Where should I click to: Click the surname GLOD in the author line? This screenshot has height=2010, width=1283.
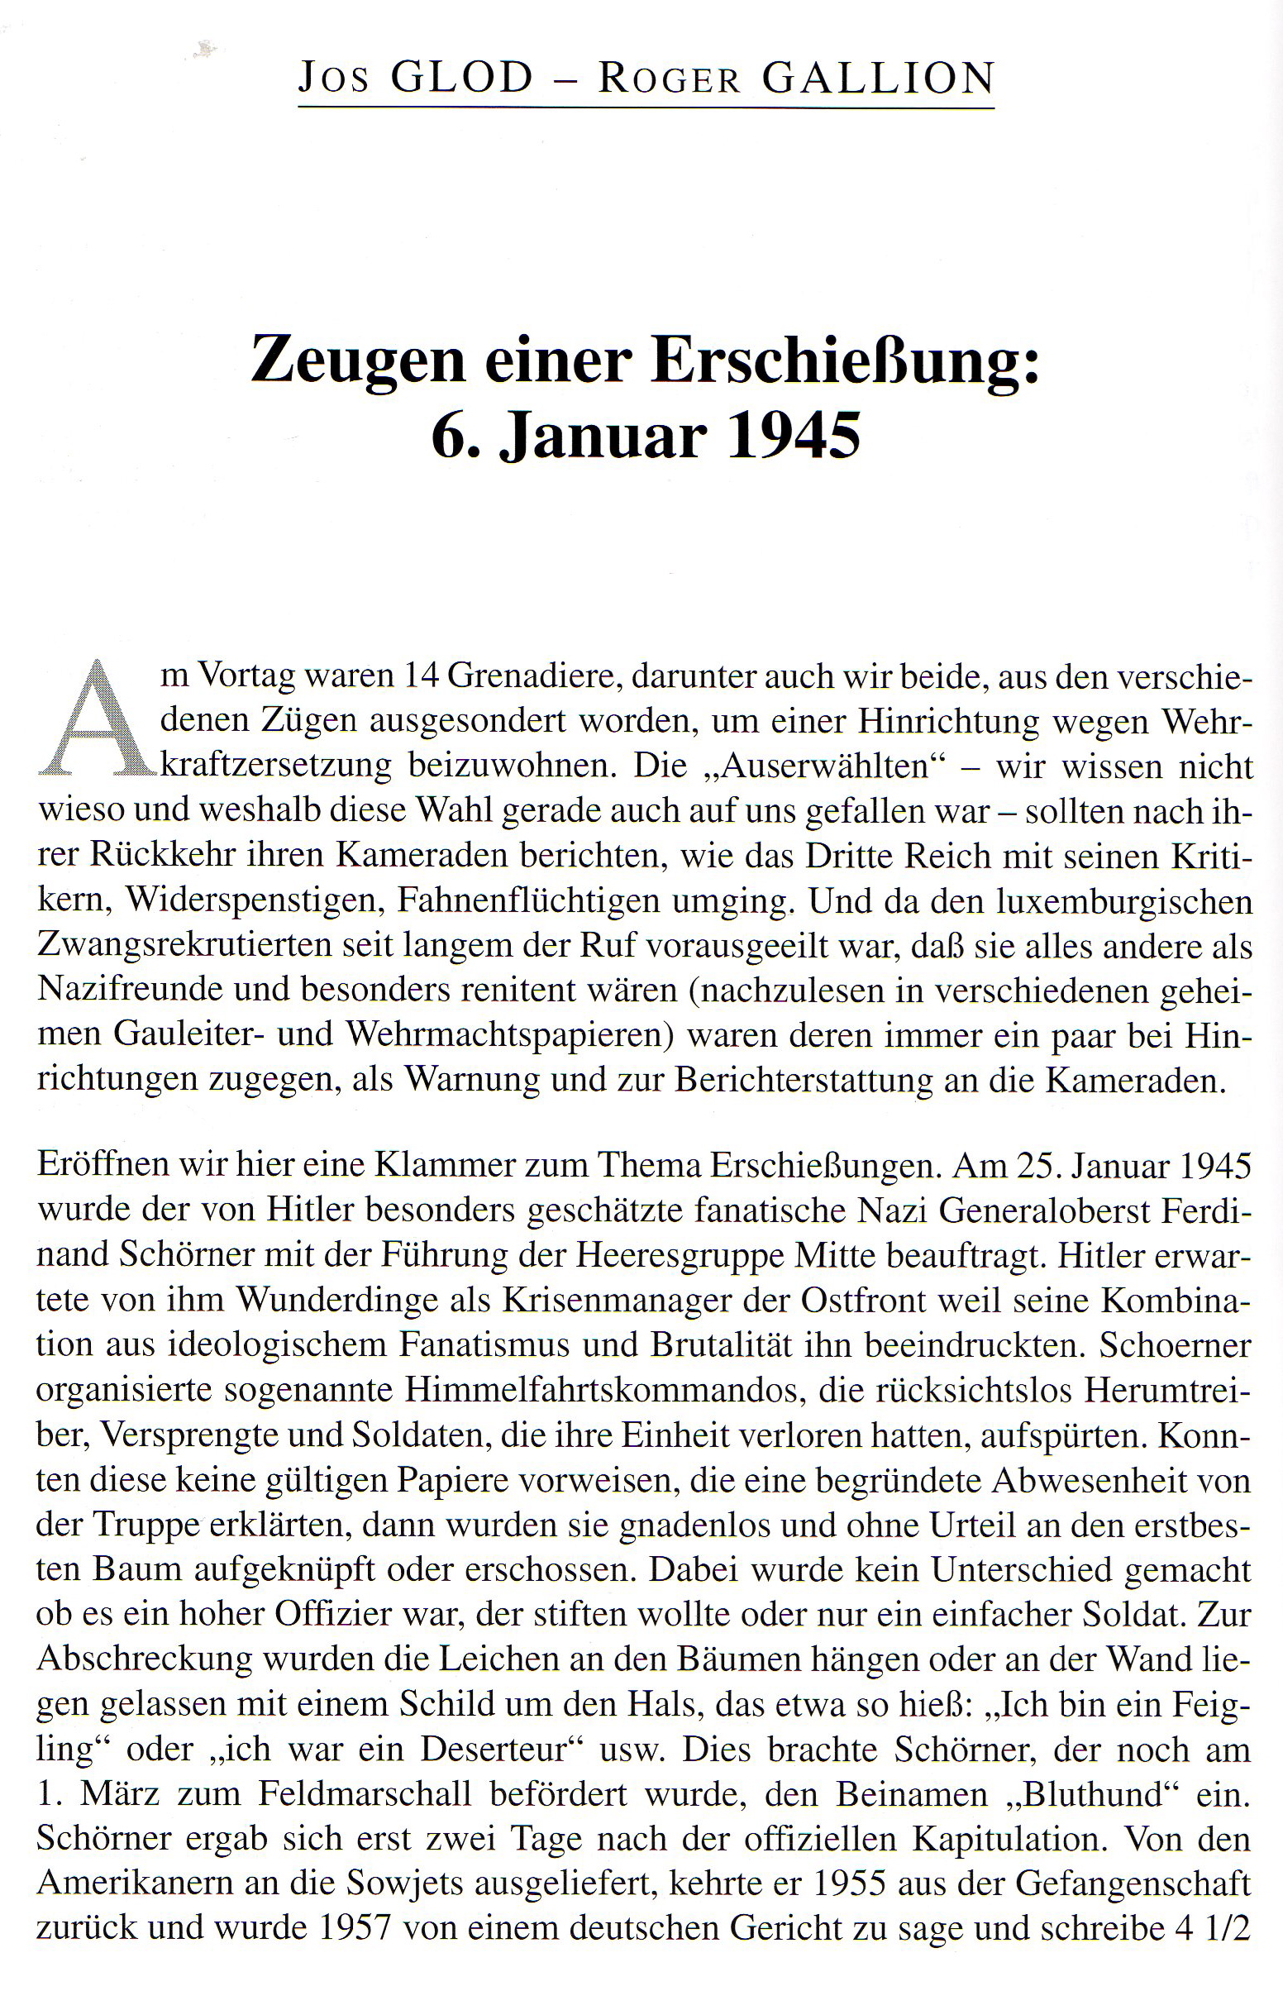click(x=461, y=79)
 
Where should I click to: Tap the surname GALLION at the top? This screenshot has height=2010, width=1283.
click(x=878, y=79)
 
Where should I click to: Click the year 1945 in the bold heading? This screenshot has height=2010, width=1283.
click(x=793, y=437)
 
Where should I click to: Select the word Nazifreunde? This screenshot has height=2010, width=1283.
click(x=130, y=990)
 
